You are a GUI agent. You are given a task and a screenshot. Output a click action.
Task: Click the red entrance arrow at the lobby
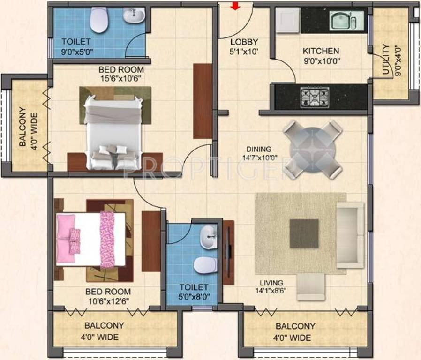(x=235, y=6)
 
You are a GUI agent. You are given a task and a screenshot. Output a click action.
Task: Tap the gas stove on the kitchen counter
(x=315, y=97)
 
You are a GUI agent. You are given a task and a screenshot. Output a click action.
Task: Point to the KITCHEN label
(x=321, y=51)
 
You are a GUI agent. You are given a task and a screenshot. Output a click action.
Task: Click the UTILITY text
(x=386, y=60)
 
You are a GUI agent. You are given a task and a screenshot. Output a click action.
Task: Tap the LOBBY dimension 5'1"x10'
(x=243, y=52)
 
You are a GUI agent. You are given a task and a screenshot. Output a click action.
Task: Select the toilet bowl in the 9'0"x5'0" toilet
(x=99, y=20)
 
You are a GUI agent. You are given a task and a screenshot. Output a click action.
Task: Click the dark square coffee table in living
(x=304, y=233)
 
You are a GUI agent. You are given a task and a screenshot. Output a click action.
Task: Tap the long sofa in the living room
(x=350, y=235)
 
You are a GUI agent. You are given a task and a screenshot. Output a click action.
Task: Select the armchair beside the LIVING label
(x=311, y=287)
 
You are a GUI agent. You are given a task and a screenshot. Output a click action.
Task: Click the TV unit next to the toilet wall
(x=228, y=252)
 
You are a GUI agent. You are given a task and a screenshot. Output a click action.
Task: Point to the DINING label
(x=259, y=149)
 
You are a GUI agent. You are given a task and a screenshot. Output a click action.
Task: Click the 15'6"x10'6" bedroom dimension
(x=121, y=78)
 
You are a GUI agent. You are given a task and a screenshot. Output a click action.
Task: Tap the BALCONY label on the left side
(x=23, y=127)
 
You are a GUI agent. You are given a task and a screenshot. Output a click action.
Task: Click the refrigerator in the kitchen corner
(x=288, y=20)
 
